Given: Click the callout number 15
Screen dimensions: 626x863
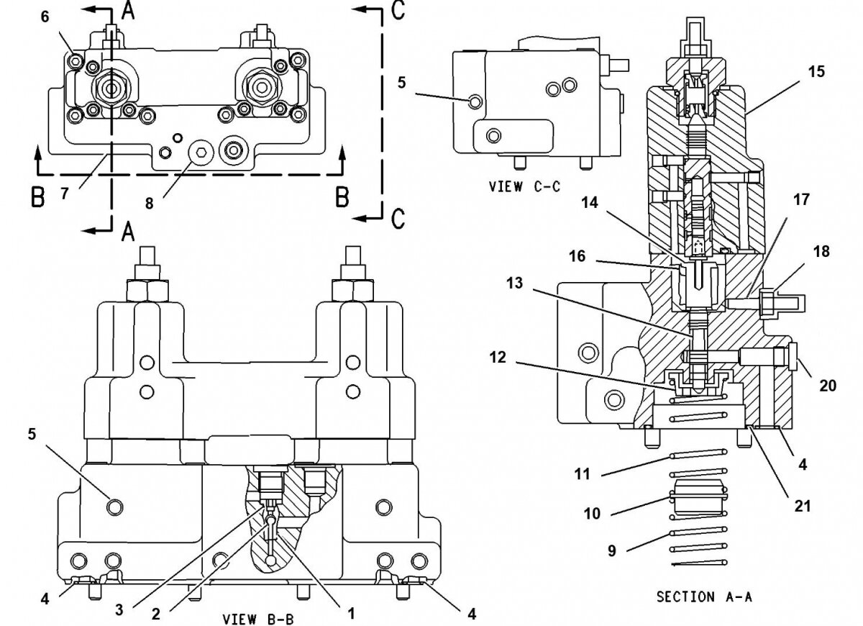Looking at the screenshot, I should point(816,72).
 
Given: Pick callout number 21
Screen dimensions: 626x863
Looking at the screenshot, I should point(803,506).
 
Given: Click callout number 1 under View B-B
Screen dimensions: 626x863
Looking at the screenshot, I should point(352,613).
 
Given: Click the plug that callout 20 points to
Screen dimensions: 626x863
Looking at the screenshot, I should point(793,357).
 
